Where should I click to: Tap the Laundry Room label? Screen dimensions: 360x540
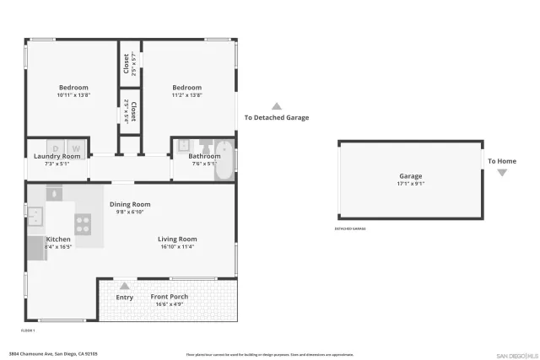[x=57, y=156]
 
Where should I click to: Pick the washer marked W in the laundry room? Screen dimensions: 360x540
[x=74, y=146]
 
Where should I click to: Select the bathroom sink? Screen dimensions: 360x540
[x=184, y=145]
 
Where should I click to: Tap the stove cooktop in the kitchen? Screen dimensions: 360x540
[x=84, y=223]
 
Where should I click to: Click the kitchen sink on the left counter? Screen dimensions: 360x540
[x=35, y=219]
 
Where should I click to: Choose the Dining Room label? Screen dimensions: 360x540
[x=130, y=204]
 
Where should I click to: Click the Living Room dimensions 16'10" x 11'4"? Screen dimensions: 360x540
[x=177, y=247]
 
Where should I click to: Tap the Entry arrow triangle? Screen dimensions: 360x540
[x=125, y=286]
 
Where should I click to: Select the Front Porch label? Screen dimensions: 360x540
[x=170, y=297]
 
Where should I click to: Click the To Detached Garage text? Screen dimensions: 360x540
[x=277, y=117]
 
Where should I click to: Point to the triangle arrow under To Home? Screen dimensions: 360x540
[x=502, y=173]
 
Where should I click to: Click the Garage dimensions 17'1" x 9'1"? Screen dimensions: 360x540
[x=411, y=183]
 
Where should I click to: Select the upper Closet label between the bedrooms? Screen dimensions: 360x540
[x=127, y=63]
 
